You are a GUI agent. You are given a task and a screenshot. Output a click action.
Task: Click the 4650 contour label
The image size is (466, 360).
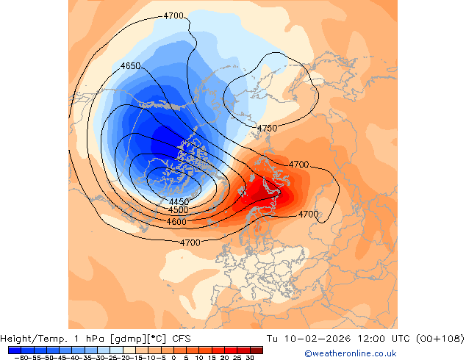coord(130,66)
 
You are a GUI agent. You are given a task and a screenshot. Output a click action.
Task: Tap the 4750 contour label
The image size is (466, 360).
coord(267,129)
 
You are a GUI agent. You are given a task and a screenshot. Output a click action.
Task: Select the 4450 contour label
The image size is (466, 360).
coord(179,202)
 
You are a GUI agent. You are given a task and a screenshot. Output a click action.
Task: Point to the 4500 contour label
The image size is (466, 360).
coord(178,210)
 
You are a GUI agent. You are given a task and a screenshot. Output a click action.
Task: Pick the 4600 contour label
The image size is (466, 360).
coord(176,221)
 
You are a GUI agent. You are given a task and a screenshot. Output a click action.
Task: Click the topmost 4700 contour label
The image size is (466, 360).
coord(173,15)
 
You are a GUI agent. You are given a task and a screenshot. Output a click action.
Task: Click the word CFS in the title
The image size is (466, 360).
coord(182,339)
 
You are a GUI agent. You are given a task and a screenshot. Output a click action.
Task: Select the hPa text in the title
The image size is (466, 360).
coord(93,339)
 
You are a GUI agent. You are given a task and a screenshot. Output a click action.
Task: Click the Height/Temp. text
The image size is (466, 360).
coord(35,339)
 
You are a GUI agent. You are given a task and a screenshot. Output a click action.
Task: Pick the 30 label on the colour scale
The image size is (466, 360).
coord(251,357)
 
